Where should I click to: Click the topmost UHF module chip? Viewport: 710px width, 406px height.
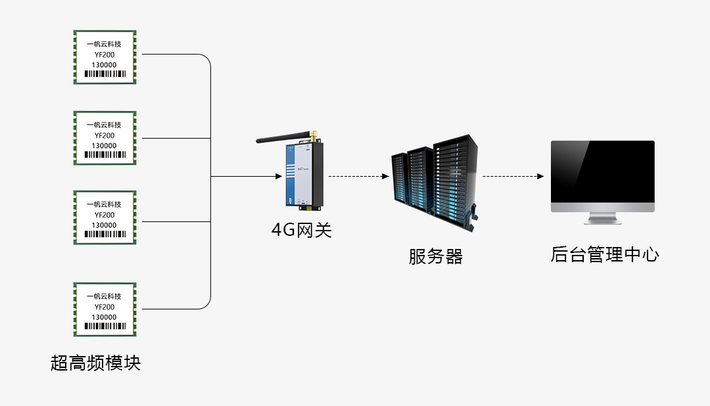pos(105,56)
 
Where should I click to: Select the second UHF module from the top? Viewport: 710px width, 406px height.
pos(105,138)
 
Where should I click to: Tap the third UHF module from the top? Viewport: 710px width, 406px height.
pos(105,217)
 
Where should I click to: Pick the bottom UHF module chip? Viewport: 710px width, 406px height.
pos(105,309)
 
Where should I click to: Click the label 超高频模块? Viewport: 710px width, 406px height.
pos(96,363)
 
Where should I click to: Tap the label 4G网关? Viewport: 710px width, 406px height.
pos(302,231)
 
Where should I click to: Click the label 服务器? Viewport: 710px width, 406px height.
pos(436,256)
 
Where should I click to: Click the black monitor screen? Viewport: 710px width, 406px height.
pos(603,172)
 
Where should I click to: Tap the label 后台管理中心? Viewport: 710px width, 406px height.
pos(604,255)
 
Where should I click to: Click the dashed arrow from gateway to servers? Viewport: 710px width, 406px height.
pos(358,177)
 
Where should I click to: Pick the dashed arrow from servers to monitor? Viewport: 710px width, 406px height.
pos(513,177)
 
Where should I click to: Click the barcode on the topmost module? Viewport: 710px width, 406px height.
pos(105,74)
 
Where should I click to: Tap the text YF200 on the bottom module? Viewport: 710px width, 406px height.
pos(105,307)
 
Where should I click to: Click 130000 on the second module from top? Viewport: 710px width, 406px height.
pos(105,146)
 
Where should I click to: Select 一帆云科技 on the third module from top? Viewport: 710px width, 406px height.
pos(105,204)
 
